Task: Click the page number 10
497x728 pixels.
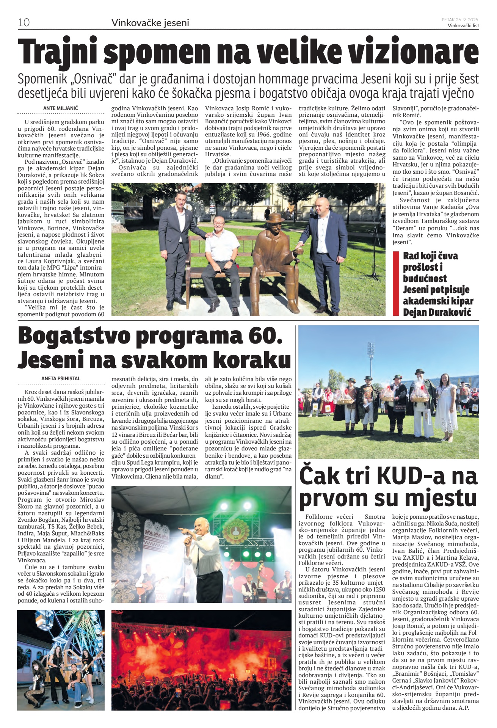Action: [x=24, y=22]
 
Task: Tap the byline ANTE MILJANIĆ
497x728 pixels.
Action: [x=61, y=108]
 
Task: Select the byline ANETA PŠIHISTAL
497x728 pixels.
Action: [x=61, y=378]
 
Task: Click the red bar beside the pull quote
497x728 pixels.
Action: [x=396, y=283]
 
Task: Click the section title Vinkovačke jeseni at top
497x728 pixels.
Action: [x=150, y=23]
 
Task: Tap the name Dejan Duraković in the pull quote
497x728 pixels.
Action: [x=437, y=312]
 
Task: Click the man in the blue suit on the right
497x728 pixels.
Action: [x=323, y=250]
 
